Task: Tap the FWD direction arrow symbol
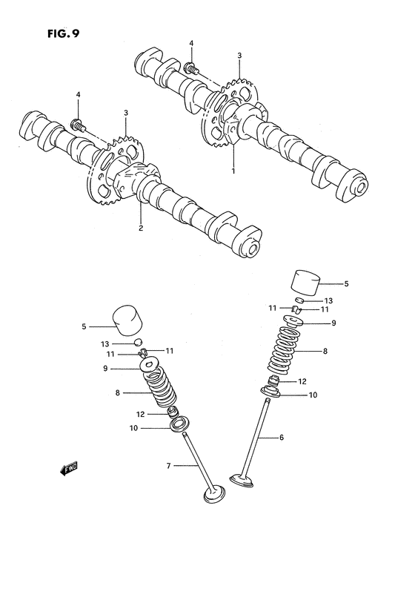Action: point(67,467)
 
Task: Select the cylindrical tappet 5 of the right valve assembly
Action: point(306,282)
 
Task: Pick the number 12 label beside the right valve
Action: point(302,381)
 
